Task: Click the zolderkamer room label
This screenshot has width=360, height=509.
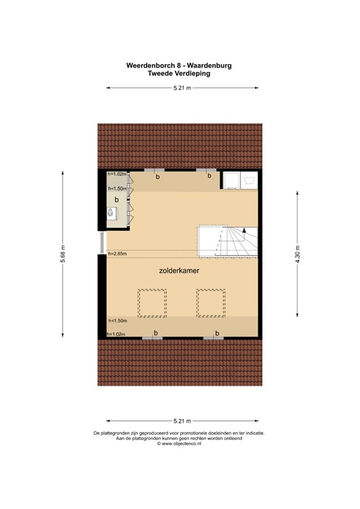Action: coord(180,271)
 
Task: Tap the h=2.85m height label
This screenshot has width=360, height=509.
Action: coord(117,253)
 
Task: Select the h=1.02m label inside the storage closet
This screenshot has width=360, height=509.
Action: coord(117,174)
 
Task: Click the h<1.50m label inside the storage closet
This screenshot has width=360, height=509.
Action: coord(117,188)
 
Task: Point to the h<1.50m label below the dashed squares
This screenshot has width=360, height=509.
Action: coord(117,321)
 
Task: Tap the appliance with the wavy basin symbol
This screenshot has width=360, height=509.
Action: coord(249,180)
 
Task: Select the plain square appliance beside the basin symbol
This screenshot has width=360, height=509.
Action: coord(230,180)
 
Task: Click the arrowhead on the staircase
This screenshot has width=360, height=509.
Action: coord(245,230)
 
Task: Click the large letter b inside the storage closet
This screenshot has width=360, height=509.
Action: coord(117,199)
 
